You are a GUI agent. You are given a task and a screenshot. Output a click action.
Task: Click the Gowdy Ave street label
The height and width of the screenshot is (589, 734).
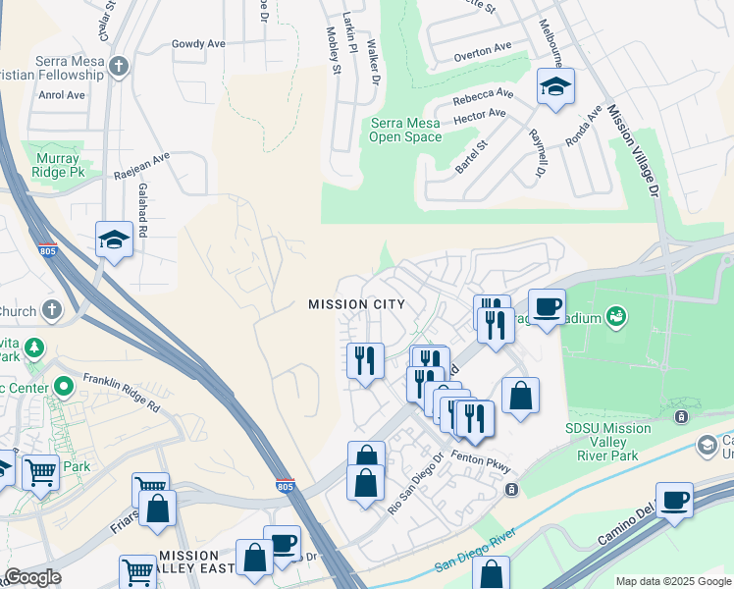pyautogui.click(x=198, y=44)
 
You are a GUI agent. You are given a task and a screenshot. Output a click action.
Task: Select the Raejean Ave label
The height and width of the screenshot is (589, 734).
pyautogui.click(x=141, y=161)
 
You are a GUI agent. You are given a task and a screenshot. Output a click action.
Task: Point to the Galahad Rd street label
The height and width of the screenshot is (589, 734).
pyautogui.click(x=142, y=212)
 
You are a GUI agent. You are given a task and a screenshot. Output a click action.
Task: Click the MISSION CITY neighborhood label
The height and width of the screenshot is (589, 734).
pyautogui.click(x=356, y=304)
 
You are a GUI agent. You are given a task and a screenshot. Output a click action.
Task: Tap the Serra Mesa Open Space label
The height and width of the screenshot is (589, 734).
pyautogui.click(x=405, y=130)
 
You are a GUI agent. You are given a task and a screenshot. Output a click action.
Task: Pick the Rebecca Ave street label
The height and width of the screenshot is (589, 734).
pyautogui.click(x=482, y=98)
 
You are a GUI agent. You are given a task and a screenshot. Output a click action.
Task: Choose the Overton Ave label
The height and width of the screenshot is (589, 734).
pyautogui.click(x=482, y=47)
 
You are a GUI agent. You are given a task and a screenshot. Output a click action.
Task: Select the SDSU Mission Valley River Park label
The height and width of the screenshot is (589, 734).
pyautogui.click(x=607, y=442)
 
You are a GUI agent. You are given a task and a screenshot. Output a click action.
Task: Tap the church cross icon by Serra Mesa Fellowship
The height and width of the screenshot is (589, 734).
pyautogui.click(x=118, y=67)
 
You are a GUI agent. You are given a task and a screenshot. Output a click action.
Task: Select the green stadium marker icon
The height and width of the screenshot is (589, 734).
pyautogui.click(x=616, y=316)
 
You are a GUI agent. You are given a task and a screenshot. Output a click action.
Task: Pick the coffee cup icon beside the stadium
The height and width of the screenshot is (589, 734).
pyautogui.click(x=547, y=305)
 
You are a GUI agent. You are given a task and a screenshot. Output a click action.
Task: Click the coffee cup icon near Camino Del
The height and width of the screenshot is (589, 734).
pyautogui.click(x=674, y=499)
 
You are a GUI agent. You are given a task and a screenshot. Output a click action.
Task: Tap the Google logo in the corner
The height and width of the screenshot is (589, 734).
pyautogui.click(x=32, y=577)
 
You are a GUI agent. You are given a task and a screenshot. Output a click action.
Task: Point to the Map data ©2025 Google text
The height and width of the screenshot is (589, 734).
pyautogui.click(x=673, y=581)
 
